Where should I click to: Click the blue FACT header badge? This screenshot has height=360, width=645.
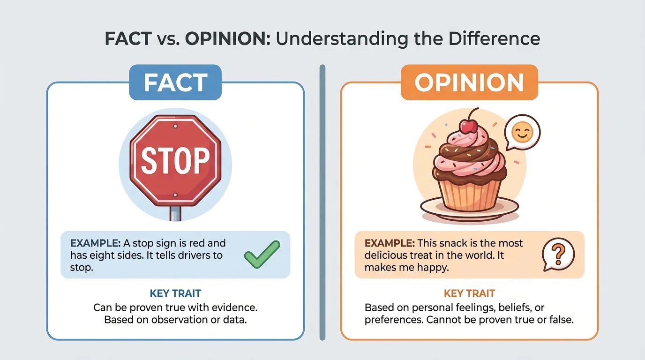tap(175, 82)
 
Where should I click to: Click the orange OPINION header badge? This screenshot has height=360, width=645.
tap(469, 82)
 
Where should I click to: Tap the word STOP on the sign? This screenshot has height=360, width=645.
tap(175, 161)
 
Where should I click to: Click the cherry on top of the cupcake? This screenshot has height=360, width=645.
tap(469, 125)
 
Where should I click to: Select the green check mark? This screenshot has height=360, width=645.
tap(262, 255)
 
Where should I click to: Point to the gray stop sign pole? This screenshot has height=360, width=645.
tap(175, 213)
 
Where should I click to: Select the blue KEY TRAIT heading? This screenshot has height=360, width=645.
tap(175, 294)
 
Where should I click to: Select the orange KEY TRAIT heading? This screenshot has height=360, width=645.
tap(469, 294)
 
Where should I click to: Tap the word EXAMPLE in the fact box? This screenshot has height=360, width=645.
tap(94, 243)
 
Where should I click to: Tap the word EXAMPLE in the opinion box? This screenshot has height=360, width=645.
tap(390, 243)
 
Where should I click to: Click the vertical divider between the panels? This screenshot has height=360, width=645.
tap(322, 202)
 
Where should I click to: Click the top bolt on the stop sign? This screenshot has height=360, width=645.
tap(175, 127)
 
